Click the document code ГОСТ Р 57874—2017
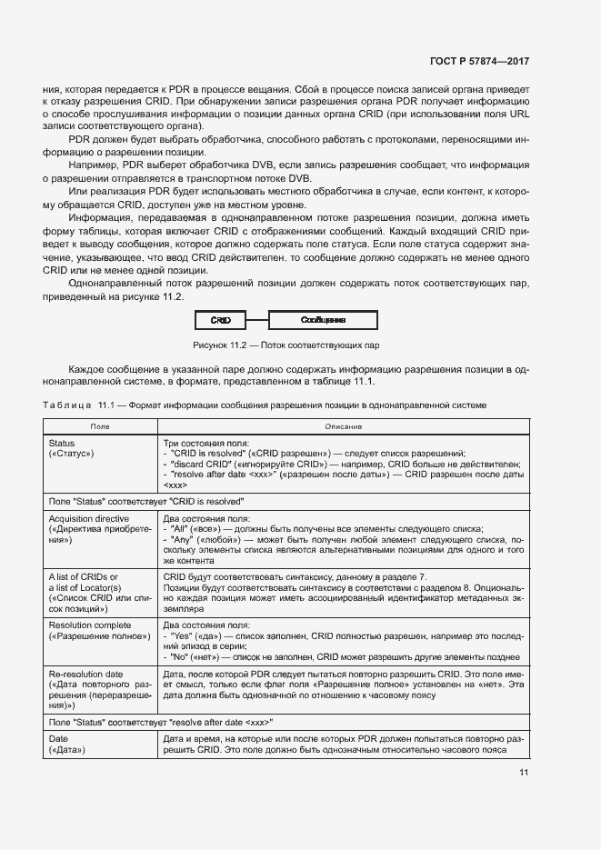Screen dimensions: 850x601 (x=478, y=61)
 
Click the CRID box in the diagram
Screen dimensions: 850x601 (x=220, y=320)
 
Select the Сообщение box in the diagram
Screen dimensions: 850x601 (x=322, y=320)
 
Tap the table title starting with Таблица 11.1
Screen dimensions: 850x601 (x=265, y=404)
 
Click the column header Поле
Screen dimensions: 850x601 (x=100, y=425)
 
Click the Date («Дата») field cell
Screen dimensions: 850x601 (x=100, y=745)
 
